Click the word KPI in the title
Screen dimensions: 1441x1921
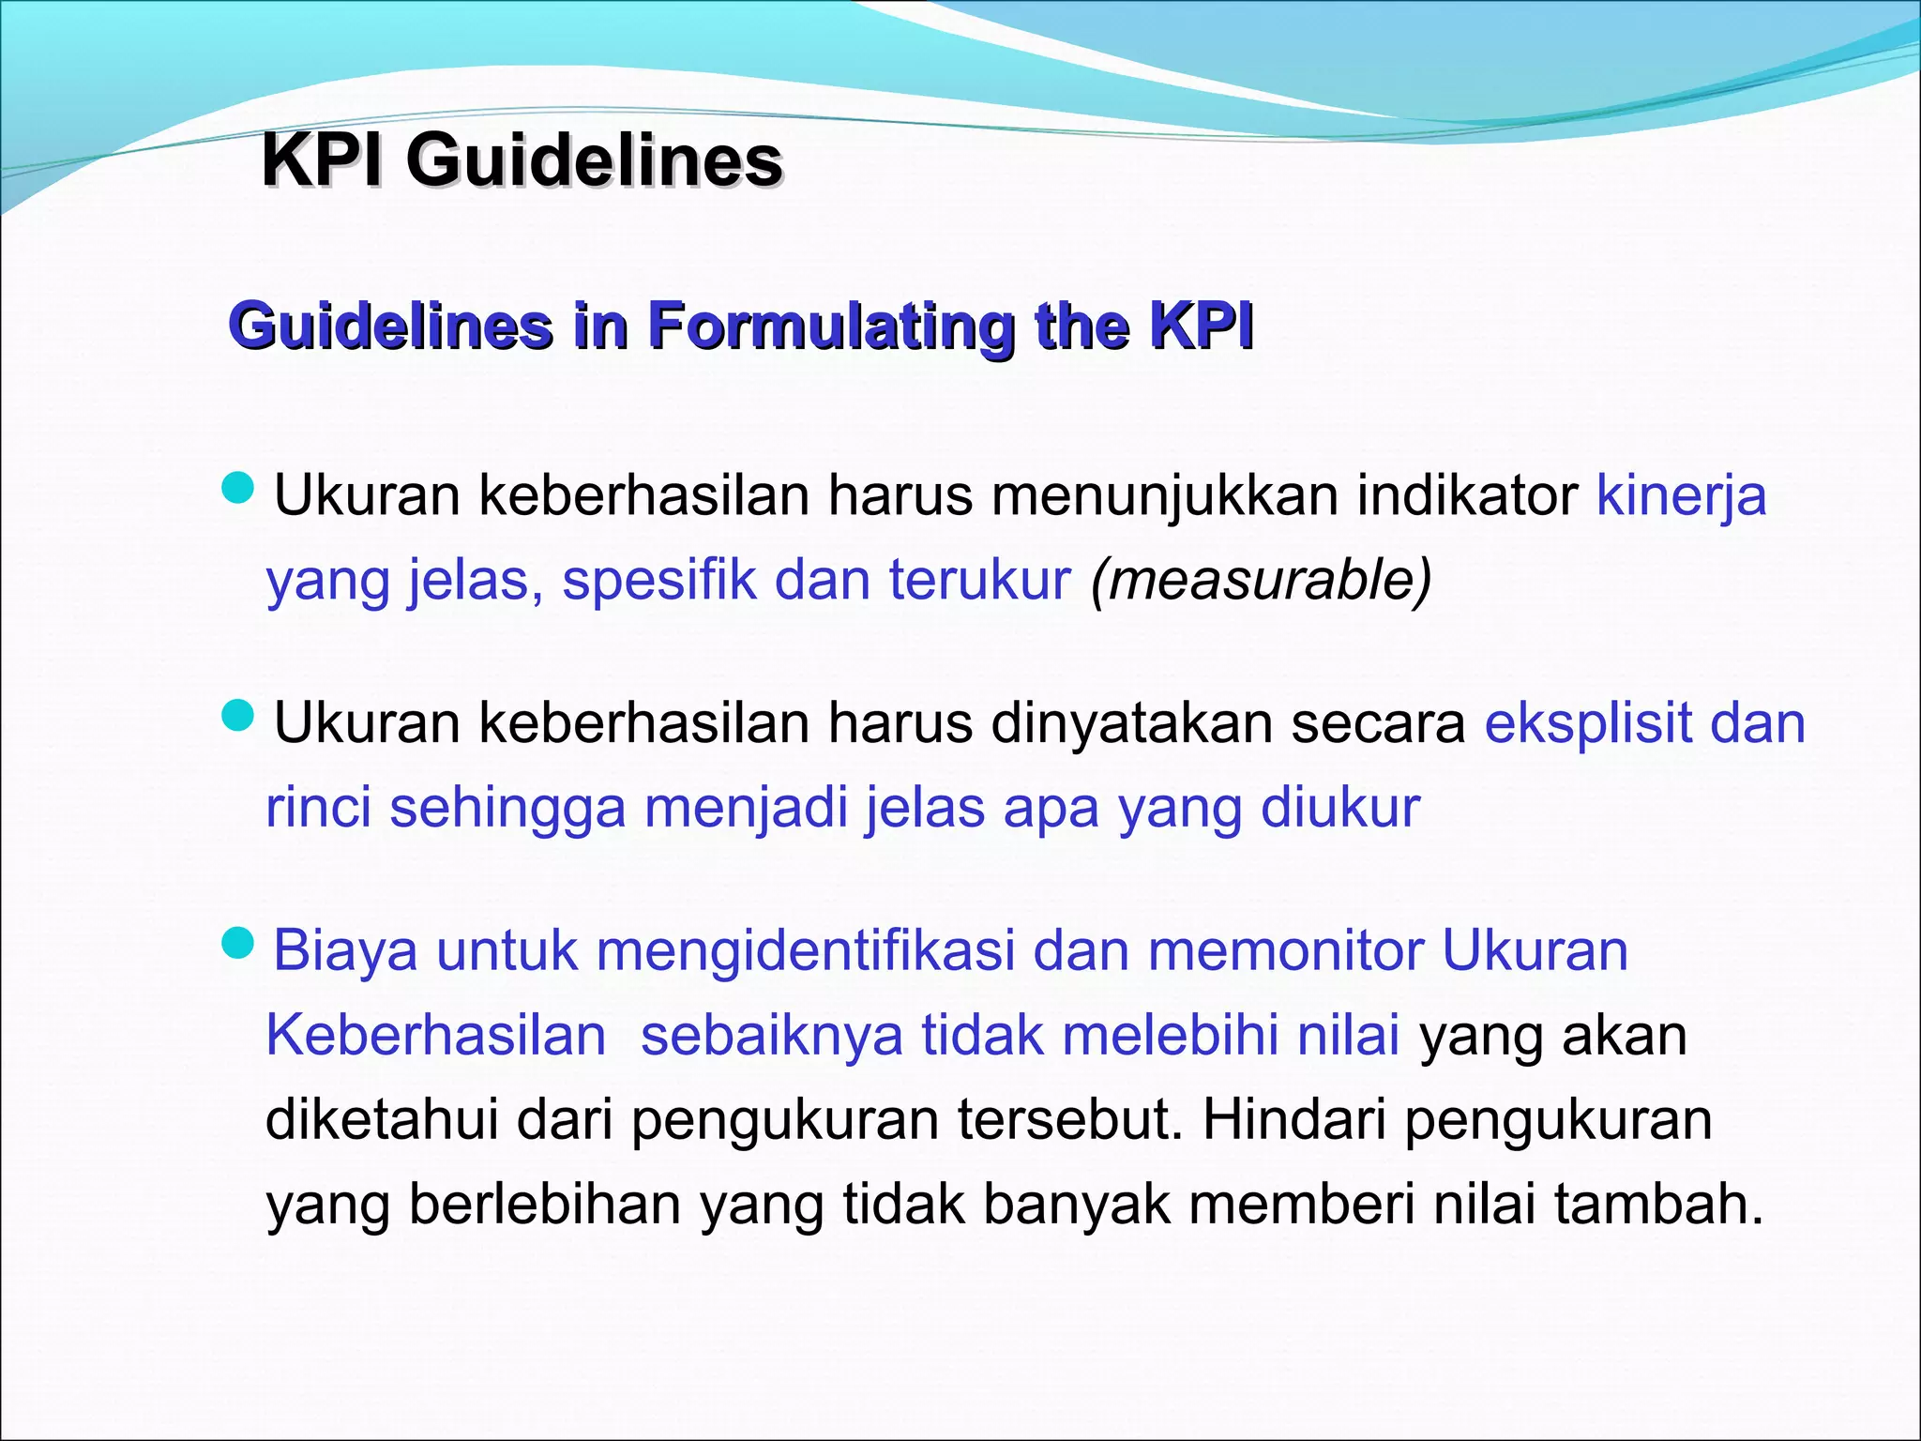coord(322,160)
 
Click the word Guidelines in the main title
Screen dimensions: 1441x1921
coord(594,160)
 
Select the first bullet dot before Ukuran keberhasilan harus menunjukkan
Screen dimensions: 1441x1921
coord(238,488)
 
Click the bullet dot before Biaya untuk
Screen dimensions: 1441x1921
coord(238,943)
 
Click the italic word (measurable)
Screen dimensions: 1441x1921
coord(1261,579)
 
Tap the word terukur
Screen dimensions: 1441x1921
coord(979,579)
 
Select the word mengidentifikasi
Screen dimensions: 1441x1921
coord(806,950)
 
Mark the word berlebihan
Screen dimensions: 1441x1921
coord(545,1204)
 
